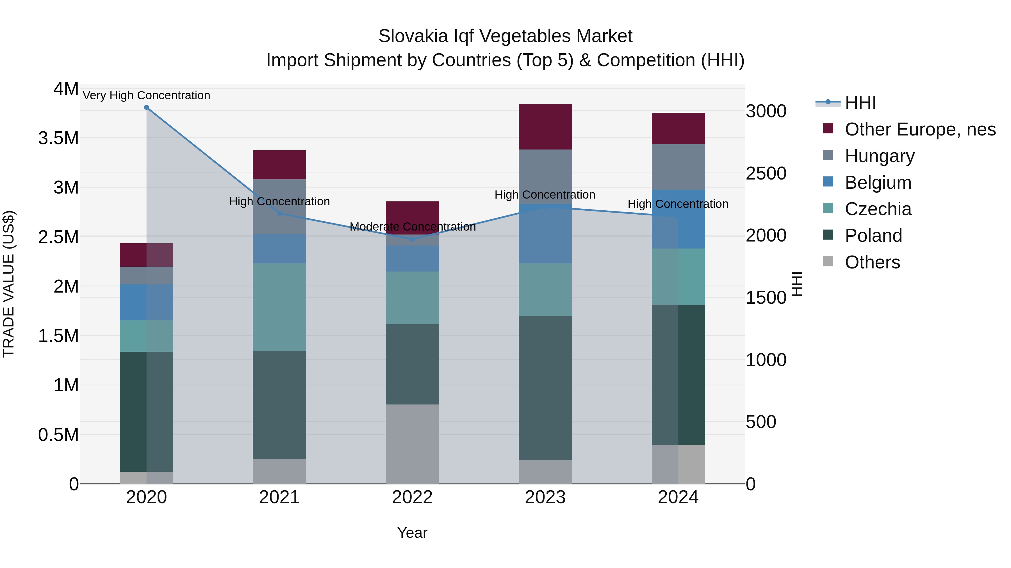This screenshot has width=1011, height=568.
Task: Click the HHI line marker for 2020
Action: [146, 107]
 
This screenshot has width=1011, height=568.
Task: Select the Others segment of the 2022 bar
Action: [412, 444]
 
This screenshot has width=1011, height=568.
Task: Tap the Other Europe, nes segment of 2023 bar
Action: [545, 127]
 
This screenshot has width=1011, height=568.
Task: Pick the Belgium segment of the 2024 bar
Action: [678, 219]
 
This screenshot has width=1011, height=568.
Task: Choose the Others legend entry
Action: [872, 262]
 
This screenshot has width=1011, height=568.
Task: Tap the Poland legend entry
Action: [873, 236]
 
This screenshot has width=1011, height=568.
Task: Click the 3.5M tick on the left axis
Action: [58, 138]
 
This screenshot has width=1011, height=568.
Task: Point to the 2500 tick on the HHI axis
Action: [766, 174]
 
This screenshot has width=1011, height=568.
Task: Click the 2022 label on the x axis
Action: [412, 497]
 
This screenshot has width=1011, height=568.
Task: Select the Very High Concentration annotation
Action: [146, 95]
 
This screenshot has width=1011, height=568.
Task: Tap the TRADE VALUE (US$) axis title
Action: [9, 284]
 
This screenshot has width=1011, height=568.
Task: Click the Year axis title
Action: [412, 533]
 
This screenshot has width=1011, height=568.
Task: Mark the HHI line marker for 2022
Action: [412, 239]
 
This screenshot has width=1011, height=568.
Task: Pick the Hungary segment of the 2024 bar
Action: [678, 167]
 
